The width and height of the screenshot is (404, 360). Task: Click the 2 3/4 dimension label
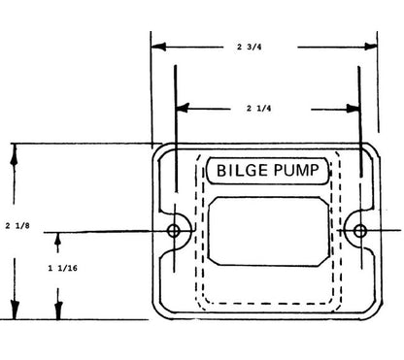pos(249,47)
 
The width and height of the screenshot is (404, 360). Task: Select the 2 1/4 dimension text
pos(258,108)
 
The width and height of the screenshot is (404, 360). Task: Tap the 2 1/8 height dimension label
pos(17,226)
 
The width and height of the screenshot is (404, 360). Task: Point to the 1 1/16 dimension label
pos(63,268)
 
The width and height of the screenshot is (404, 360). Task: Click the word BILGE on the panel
pos(242,171)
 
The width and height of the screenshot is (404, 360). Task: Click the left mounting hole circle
pos(174,231)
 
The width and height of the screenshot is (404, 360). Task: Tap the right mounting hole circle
pos(359,231)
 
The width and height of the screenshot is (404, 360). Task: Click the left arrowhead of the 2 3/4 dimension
pos(158,47)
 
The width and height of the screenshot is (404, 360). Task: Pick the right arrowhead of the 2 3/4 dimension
pos(370,47)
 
